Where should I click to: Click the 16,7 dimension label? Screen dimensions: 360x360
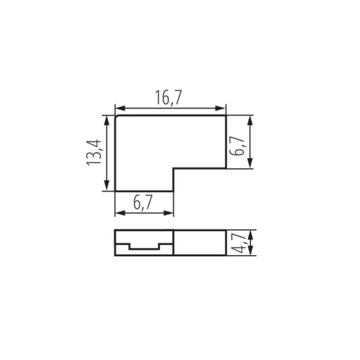tap(168, 98)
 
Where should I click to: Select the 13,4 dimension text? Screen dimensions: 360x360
tap(94, 152)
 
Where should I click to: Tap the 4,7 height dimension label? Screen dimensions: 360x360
tap(239, 242)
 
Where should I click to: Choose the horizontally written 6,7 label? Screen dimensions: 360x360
tap(143, 203)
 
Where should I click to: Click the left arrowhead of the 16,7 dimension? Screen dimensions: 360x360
tap(120, 109)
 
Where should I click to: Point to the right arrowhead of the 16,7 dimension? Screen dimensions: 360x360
tap(220, 109)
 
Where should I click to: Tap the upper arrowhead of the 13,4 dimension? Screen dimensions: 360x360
tap(107, 121)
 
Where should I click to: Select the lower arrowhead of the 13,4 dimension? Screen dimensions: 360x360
tap(107, 185)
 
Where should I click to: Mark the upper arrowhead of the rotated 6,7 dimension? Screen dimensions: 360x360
tap(250, 121)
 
